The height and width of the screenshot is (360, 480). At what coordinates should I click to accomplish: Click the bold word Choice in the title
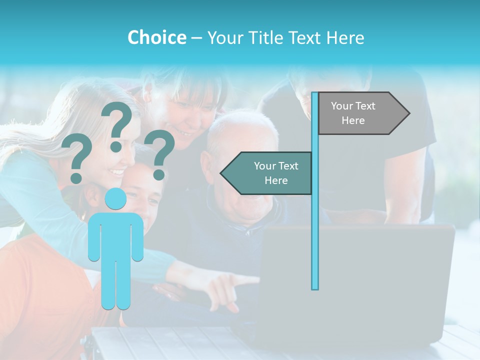click(x=156, y=37)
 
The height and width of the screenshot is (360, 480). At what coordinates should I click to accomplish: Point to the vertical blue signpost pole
click(x=315, y=225)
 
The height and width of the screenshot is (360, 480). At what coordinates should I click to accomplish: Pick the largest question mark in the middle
click(x=117, y=125)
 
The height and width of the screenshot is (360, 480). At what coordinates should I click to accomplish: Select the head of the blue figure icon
click(x=116, y=199)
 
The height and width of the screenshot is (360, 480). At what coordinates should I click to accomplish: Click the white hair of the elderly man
click(x=245, y=125)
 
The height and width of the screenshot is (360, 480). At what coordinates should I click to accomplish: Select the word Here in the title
click(x=345, y=37)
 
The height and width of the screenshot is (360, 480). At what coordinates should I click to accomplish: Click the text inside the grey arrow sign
click(x=353, y=113)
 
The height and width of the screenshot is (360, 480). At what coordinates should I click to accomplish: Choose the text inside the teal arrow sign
click(x=276, y=173)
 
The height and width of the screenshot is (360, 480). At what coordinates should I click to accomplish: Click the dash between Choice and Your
click(x=196, y=37)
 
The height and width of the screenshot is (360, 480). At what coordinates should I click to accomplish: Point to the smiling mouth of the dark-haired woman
click(x=184, y=134)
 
